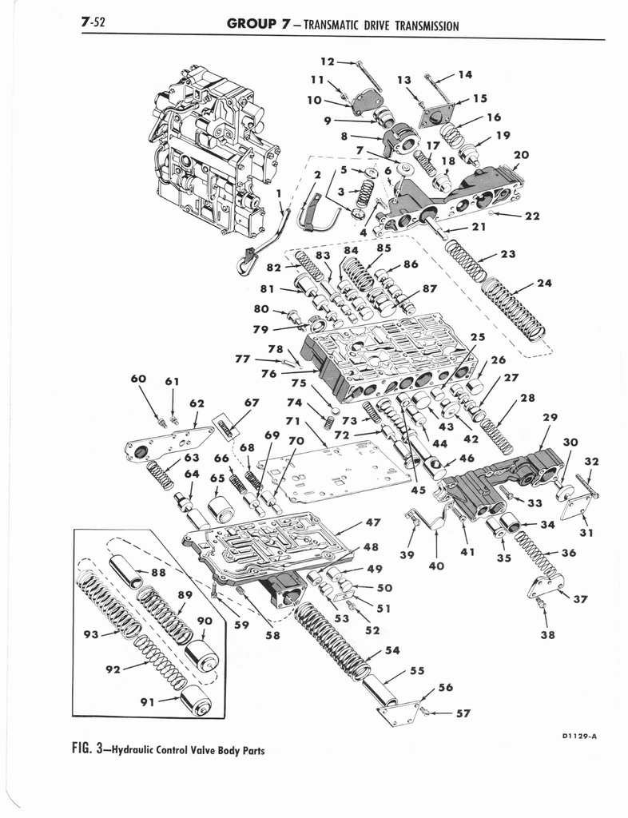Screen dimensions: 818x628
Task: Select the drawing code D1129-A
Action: (x=574, y=737)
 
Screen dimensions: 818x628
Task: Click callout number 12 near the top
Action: (x=327, y=61)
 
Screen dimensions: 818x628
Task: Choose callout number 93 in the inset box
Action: (x=89, y=634)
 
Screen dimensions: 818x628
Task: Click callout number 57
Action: (x=463, y=713)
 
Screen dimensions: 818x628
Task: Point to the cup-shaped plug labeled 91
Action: (x=196, y=703)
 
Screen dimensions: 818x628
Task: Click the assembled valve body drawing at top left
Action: (x=214, y=152)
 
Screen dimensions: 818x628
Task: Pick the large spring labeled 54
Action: (x=332, y=638)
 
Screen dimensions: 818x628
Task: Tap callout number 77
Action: (x=243, y=359)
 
